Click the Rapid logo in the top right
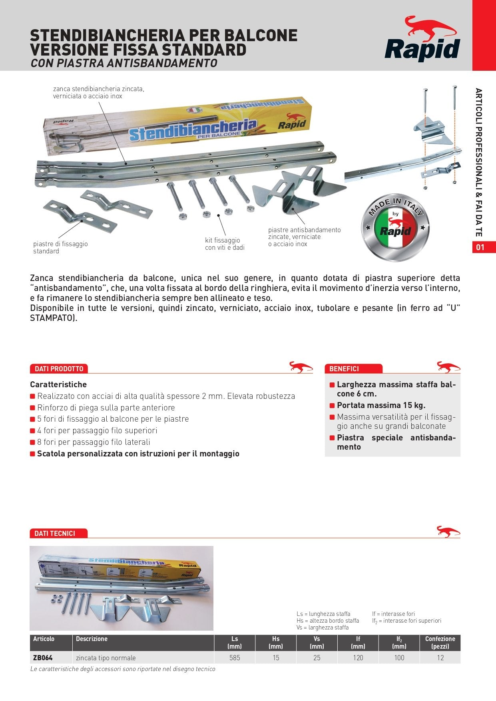(423, 40)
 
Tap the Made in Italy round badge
(395, 226)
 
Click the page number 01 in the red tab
(480, 247)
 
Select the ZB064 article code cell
(43, 657)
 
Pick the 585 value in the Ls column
(235, 657)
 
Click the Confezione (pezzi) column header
(440, 642)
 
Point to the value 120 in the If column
(358, 657)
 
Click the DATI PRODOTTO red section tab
(59, 368)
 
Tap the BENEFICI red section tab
(344, 368)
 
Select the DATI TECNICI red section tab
(55, 533)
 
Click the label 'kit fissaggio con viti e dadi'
(224, 244)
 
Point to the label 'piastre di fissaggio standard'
(60, 247)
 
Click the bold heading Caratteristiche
(58, 384)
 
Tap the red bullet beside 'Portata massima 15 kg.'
(332, 406)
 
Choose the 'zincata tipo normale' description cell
(106, 657)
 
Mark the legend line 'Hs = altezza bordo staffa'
(328, 620)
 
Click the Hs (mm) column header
(276, 642)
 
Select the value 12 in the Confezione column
(440, 657)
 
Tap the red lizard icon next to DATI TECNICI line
(448, 532)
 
